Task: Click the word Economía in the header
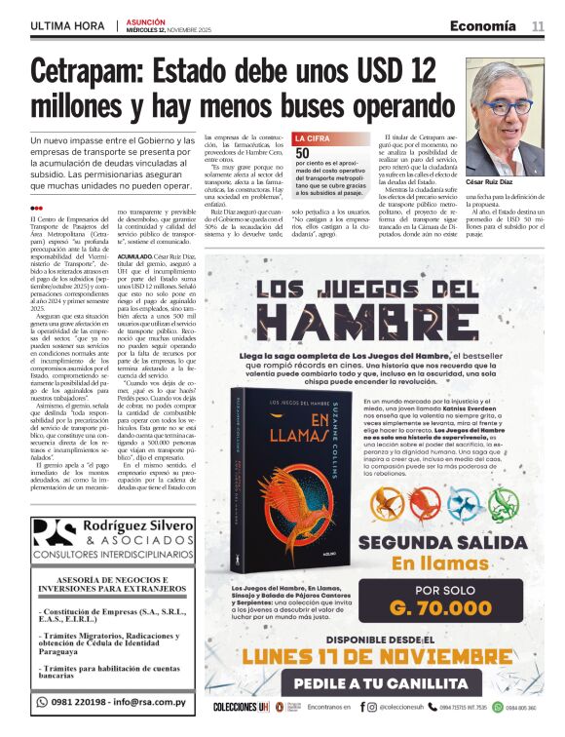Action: click(483, 25)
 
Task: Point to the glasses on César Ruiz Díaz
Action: click(508, 106)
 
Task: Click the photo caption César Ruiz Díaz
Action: click(517, 182)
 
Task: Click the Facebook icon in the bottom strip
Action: click(361, 707)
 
